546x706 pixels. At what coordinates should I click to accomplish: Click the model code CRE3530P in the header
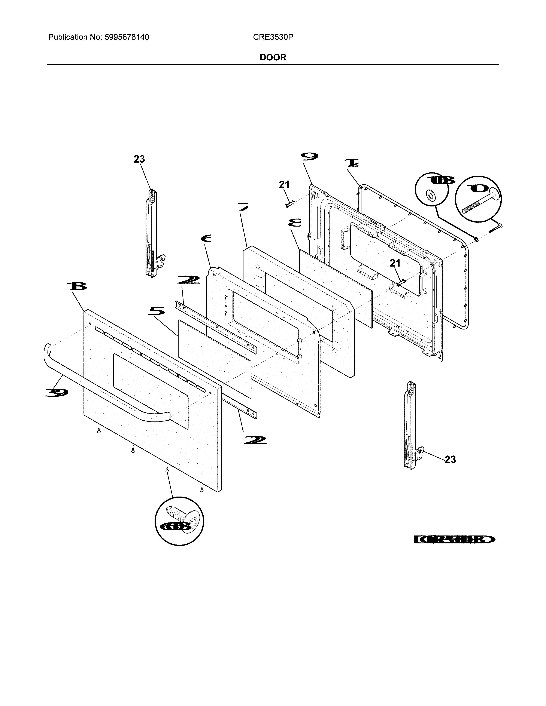[273, 37]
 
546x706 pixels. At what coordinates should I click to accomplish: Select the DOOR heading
[273, 58]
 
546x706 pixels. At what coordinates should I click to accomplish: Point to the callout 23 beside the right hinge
[450, 459]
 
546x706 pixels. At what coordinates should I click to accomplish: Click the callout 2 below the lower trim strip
[255, 440]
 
